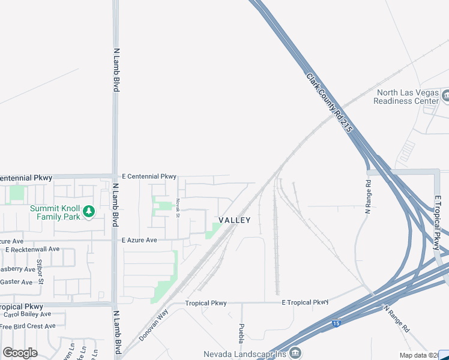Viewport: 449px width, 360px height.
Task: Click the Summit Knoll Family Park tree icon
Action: tap(89, 211)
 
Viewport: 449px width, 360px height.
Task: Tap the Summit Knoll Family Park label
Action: tap(54, 212)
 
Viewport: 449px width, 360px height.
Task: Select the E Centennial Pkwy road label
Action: tap(149, 176)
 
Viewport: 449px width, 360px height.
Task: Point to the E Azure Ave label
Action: tap(139, 240)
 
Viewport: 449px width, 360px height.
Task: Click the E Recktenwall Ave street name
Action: tap(32, 249)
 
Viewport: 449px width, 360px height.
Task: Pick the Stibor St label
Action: tap(40, 270)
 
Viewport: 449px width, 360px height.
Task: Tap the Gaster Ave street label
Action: tap(16, 282)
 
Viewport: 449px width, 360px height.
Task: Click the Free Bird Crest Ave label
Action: tap(28, 326)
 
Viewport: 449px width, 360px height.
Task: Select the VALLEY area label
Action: tap(235, 220)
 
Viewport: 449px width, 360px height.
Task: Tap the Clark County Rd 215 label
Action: tap(329, 103)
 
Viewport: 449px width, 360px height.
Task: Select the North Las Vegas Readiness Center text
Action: tap(406, 97)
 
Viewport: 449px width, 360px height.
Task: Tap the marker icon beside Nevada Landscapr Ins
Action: tap(295, 353)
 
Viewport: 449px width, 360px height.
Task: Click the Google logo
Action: tap(20, 353)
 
